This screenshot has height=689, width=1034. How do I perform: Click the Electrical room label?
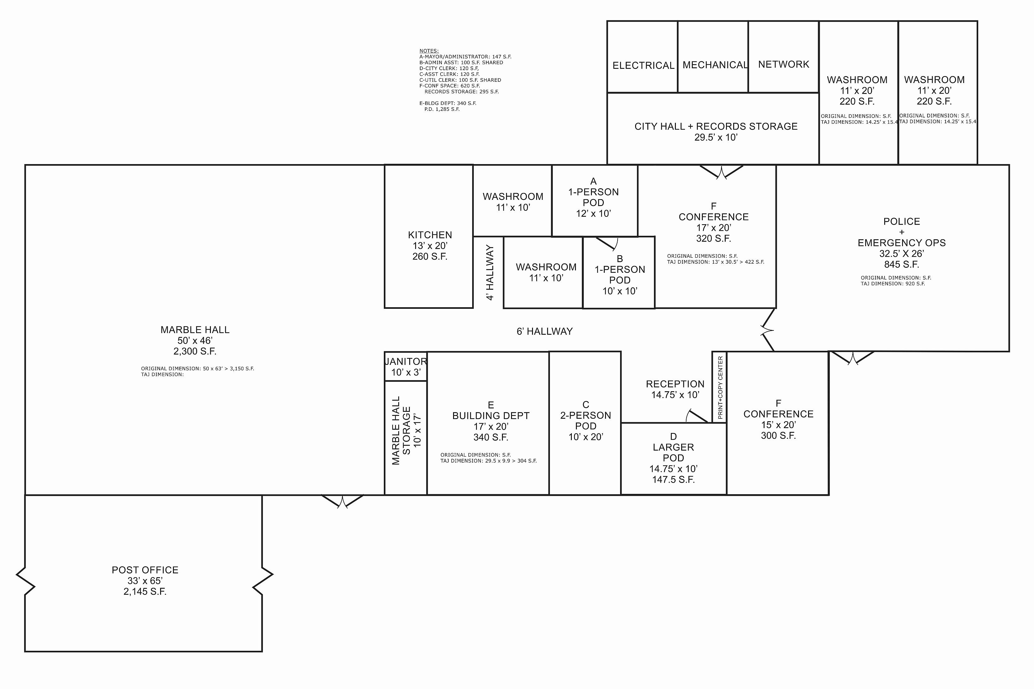(643, 65)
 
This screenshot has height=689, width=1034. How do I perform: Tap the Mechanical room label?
(715, 65)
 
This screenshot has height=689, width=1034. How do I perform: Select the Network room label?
(783, 64)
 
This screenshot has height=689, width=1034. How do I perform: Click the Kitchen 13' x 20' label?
(430, 246)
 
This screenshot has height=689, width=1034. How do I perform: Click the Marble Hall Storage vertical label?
(406, 431)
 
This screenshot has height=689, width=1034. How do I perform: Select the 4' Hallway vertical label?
(490, 272)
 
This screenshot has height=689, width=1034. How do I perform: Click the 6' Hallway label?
(544, 331)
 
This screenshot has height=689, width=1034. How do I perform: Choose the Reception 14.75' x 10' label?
(675, 389)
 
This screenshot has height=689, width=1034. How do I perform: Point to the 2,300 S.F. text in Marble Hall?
(195, 351)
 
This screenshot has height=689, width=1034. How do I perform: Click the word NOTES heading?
(429, 51)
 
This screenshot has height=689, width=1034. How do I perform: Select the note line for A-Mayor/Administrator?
(465, 57)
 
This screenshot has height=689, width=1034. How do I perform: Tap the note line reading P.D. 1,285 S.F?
(442, 109)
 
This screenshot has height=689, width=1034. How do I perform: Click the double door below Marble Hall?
(342, 501)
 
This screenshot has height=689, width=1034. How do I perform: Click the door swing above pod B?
(607, 243)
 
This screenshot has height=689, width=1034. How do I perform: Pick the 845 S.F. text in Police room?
(901, 264)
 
